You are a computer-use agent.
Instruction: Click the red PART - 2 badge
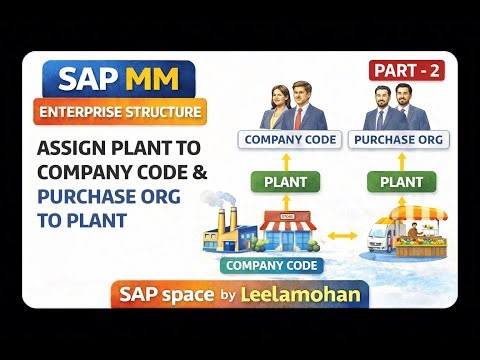coord(409,70)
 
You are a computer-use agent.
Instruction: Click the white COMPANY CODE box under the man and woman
coord(286,139)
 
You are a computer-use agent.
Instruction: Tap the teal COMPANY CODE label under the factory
coord(273,265)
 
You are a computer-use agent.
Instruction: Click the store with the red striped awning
coord(294,231)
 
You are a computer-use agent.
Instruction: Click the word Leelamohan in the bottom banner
coord(309,294)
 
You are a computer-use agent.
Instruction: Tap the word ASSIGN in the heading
coord(74,147)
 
